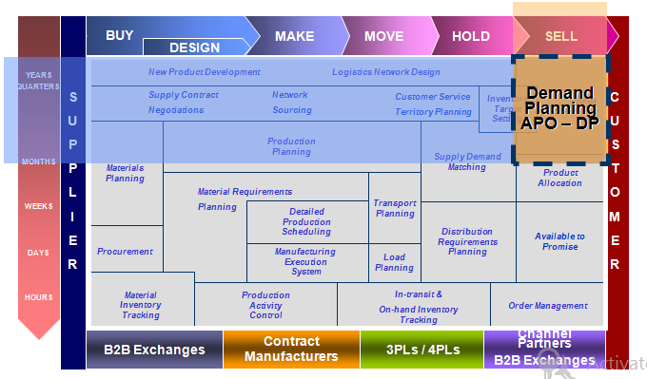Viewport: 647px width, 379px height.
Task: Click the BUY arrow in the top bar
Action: [x=119, y=35]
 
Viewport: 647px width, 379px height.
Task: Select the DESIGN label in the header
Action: [x=194, y=47]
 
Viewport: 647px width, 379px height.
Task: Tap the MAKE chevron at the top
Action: [x=294, y=36]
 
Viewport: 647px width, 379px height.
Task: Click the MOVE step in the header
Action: [x=383, y=36]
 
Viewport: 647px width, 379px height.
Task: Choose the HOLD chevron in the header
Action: [x=471, y=36]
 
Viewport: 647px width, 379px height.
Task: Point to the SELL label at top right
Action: [x=560, y=36]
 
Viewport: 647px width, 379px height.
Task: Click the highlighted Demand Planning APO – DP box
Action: [x=559, y=107]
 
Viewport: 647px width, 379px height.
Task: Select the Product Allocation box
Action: [x=559, y=179]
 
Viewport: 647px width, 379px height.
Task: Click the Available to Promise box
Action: [x=559, y=241]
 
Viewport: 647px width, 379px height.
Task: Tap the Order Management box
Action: [x=547, y=306]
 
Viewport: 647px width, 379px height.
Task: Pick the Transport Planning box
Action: [x=394, y=208]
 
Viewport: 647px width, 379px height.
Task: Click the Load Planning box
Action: [x=394, y=262]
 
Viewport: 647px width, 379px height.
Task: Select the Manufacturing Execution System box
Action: [x=306, y=262]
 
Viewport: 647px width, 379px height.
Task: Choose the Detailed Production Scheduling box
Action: [x=306, y=221]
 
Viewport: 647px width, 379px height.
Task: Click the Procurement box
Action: [x=125, y=252]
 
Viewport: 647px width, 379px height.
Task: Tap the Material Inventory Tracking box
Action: [x=141, y=305]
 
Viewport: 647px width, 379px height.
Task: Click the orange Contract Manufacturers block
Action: [x=291, y=350]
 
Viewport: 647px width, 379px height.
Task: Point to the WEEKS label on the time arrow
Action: [x=39, y=206]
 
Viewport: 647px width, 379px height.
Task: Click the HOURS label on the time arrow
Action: [x=39, y=297]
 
